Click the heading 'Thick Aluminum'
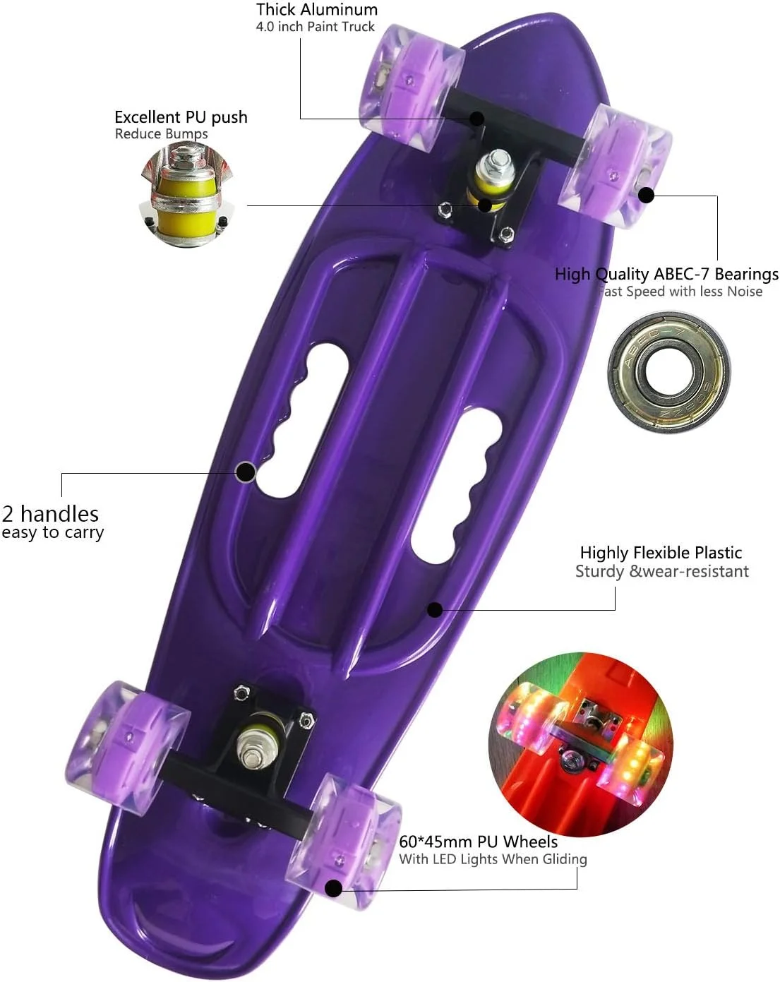click(317, 9)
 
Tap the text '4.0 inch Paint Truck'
click(315, 26)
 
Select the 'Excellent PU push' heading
click(181, 117)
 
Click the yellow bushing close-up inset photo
click(186, 194)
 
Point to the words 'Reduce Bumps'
click(161, 133)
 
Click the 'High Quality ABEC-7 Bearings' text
click(666, 274)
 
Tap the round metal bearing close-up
click(668, 372)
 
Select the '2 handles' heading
click(50, 514)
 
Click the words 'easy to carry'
click(52, 532)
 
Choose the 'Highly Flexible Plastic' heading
click(661, 553)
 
